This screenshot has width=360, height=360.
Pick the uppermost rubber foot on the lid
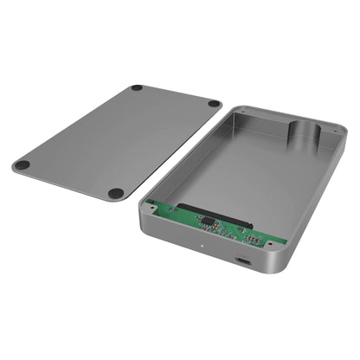tap(137, 88)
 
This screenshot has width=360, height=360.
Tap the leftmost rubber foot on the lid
tap(22, 164)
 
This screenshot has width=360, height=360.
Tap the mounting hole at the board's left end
tap(152, 205)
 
